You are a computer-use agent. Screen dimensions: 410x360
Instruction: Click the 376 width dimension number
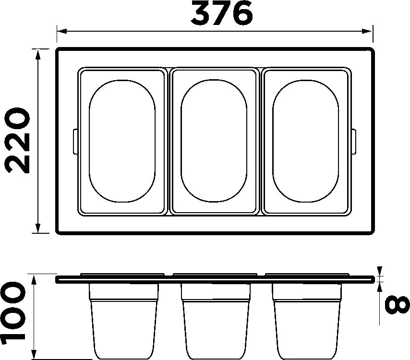pyautogui.click(x=221, y=13)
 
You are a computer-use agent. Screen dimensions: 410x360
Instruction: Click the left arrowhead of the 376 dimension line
pyautogui.click(x=62, y=31)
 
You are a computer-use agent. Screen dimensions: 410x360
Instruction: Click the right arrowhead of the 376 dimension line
pyautogui.click(x=367, y=31)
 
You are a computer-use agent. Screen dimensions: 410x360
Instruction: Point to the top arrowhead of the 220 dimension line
pyautogui.click(x=38, y=54)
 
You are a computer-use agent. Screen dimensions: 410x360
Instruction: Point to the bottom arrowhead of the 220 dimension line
pyautogui.click(x=38, y=228)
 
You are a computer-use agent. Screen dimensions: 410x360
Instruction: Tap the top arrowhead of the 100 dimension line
pyautogui.click(x=34, y=280)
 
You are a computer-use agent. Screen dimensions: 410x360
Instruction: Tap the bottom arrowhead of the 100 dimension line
pyautogui.click(x=34, y=355)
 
